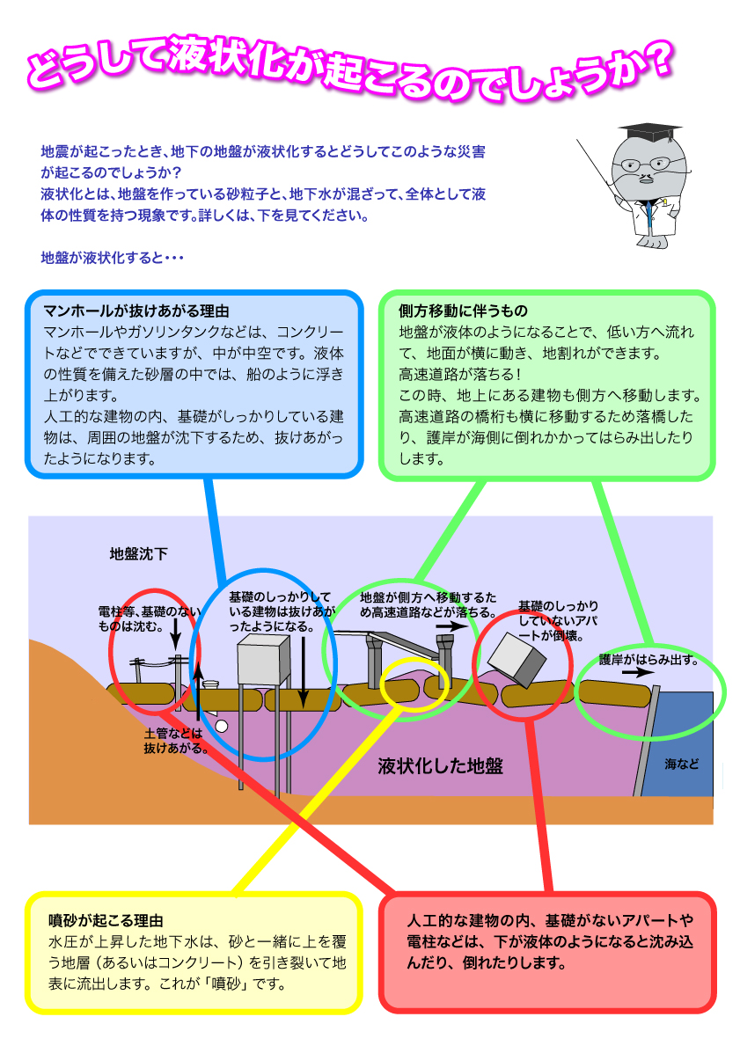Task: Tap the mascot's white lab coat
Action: tap(651, 219)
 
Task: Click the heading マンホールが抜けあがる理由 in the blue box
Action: tap(136, 311)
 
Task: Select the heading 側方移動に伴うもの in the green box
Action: tap(463, 311)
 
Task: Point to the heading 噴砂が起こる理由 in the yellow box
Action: tap(106, 920)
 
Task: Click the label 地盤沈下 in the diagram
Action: tap(139, 553)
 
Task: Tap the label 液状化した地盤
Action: tap(441, 766)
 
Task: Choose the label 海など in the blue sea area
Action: tap(681, 764)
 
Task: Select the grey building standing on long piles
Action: tap(264, 661)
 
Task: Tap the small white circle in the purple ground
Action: tap(222, 726)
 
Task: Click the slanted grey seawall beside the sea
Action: tap(647, 741)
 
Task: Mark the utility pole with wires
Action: tap(178, 674)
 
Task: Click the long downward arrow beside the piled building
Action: tap(303, 672)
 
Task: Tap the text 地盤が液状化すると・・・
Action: tap(112, 258)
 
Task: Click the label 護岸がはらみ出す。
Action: tap(648, 660)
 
